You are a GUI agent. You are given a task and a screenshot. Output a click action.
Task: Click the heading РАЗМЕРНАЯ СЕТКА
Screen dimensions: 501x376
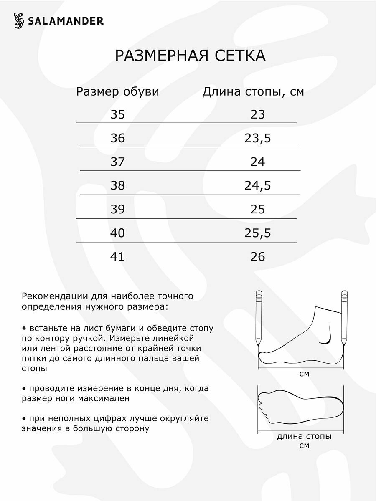point(190,56)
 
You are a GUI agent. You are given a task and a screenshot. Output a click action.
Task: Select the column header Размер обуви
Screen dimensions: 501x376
point(117,92)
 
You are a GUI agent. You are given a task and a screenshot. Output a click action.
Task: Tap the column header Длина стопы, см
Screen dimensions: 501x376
point(253,92)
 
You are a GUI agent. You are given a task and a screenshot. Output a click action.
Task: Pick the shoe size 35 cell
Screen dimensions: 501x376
point(118,114)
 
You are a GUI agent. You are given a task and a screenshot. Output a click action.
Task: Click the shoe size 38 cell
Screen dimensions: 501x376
point(118,185)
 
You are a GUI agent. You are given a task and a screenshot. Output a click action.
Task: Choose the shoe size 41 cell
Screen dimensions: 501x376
point(118,256)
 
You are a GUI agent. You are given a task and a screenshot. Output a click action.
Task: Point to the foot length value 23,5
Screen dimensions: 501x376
point(258,138)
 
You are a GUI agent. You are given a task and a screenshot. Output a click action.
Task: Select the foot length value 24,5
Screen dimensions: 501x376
point(258,185)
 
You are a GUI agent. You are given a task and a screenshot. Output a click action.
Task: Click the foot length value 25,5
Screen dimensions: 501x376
point(258,233)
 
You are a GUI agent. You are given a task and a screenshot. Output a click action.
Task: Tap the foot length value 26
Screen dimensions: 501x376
point(258,256)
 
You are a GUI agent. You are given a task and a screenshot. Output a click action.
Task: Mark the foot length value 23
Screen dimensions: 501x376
point(258,114)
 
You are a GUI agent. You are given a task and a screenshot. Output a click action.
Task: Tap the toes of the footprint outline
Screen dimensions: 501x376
point(265,407)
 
